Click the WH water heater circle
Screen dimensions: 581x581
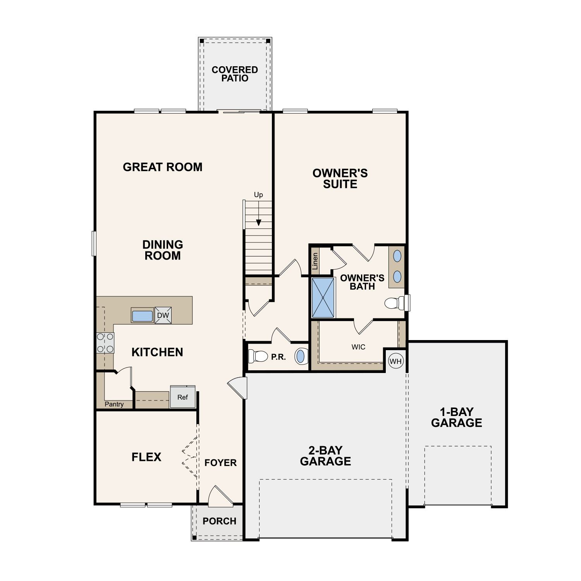pyautogui.click(x=395, y=361)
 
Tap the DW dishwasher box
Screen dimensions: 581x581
pyautogui.click(x=163, y=315)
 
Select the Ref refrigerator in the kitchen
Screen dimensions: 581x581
pyautogui.click(x=182, y=397)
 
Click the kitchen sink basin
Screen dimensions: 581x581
pyautogui.click(x=142, y=316)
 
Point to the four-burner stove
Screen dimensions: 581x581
pyautogui.click(x=105, y=343)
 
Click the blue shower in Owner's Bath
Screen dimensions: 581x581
pyautogui.click(x=323, y=297)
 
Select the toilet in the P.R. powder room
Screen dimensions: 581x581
pyautogui.click(x=258, y=356)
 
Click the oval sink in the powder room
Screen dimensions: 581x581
pyautogui.click(x=301, y=356)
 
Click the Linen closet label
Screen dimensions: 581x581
pyautogui.click(x=315, y=261)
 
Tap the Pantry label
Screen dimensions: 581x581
pyautogui.click(x=114, y=404)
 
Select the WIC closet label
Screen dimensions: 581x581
pyautogui.click(x=358, y=347)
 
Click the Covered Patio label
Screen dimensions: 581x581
pyautogui.click(x=235, y=74)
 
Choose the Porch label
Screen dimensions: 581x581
pyautogui.click(x=219, y=521)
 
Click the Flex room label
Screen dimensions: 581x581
pyautogui.click(x=146, y=457)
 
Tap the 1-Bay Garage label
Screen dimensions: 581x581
pyautogui.click(x=457, y=417)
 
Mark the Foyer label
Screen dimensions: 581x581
pyautogui.click(x=220, y=462)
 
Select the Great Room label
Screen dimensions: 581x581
pyautogui.click(x=163, y=167)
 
